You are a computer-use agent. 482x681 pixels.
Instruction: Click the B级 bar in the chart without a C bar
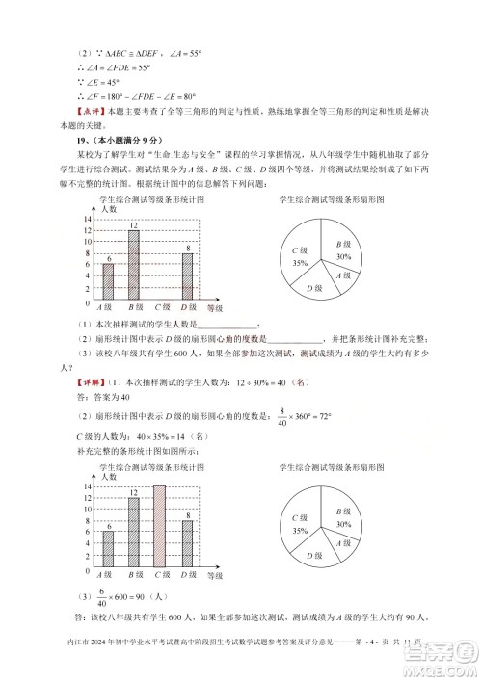(x=133, y=265)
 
